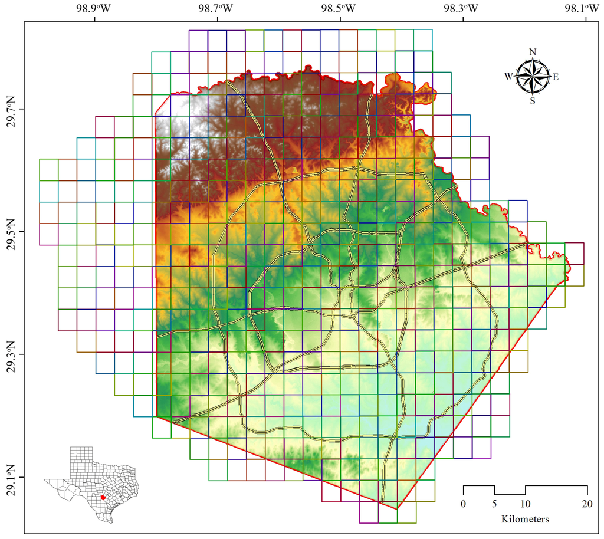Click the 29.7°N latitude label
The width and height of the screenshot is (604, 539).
coord(10,109)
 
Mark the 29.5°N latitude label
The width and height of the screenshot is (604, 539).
coord(10,232)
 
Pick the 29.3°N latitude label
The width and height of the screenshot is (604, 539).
coord(10,354)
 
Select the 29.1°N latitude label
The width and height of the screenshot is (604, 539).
coord(10,477)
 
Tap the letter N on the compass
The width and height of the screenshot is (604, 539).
coord(533,52)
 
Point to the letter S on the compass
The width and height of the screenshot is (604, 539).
coord(533,101)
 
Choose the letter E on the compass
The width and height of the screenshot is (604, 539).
coord(556,77)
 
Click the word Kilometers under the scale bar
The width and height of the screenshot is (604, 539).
coord(525,520)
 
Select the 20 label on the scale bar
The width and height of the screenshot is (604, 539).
coord(587,504)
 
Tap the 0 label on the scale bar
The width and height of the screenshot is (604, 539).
coord(464,504)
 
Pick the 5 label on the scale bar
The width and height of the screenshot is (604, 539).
coord(494,504)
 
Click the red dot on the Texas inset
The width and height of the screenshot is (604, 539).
coord(103,498)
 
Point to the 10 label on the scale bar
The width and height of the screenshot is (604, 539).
coord(525,504)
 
